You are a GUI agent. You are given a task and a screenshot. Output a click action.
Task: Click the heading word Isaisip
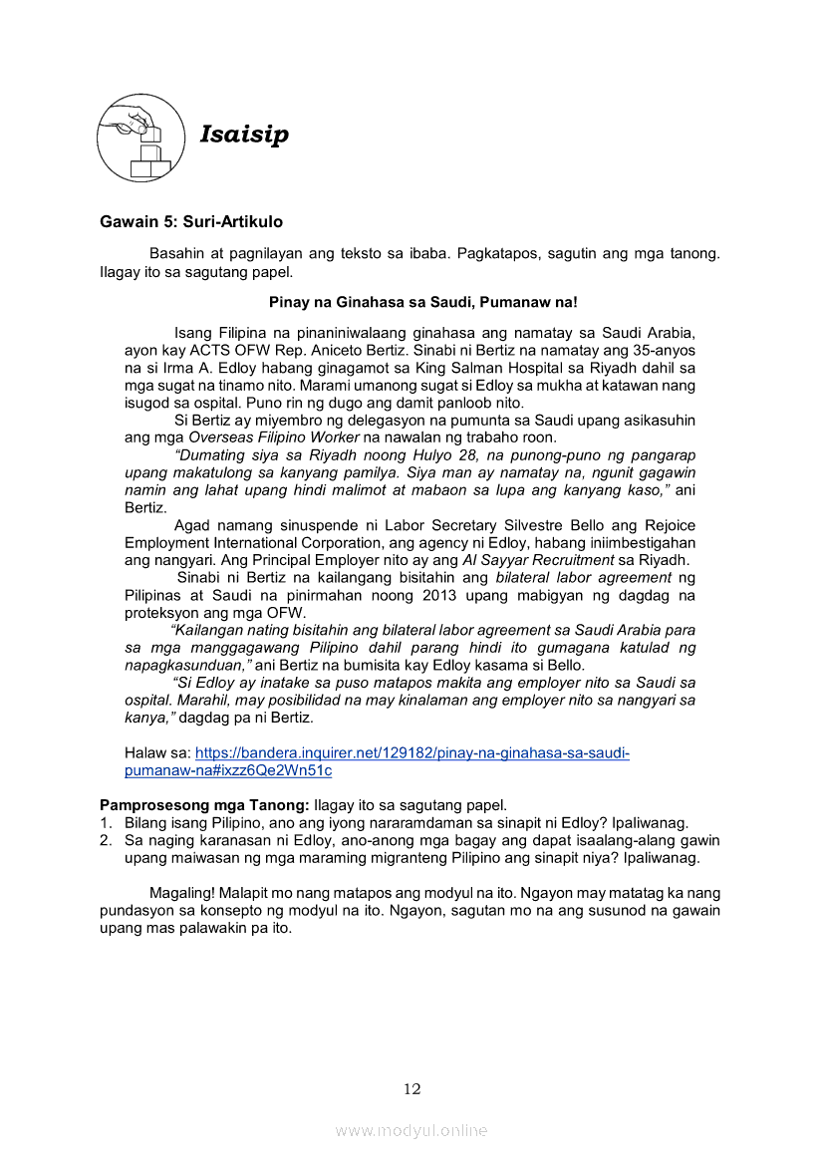point(244,135)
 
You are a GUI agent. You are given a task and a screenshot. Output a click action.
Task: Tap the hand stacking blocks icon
point(140,138)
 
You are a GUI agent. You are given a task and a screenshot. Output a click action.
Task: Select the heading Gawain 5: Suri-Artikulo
point(191,221)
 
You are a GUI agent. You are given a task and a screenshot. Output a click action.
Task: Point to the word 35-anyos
point(665,350)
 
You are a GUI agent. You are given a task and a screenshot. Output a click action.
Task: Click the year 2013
point(433,595)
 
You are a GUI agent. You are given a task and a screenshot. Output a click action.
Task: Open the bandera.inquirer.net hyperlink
point(411,752)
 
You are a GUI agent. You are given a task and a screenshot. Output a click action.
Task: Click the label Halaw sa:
point(157,752)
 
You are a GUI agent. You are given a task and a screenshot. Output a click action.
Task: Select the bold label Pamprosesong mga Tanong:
point(204,804)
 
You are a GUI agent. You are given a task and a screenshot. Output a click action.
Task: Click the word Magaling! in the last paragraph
point(179,893)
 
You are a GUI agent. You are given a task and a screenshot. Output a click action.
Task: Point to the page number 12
point(411,1088)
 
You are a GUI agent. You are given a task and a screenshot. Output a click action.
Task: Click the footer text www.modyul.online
point(411,1130)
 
